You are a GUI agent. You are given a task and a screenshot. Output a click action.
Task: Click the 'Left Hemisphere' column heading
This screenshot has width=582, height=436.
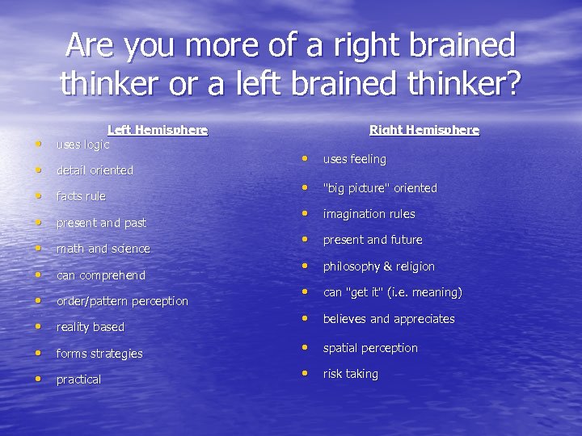[158, 130]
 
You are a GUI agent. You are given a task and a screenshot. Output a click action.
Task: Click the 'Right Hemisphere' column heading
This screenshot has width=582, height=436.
[424, 130]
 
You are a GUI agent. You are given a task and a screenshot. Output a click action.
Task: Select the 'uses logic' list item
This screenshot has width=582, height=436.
[82, 145]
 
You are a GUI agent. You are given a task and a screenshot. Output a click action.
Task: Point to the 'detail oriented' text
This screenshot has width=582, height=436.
[95, 170]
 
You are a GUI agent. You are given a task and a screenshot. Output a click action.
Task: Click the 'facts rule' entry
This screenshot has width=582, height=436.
[81, 196]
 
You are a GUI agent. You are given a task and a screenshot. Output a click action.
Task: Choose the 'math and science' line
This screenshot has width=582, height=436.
[103, 249]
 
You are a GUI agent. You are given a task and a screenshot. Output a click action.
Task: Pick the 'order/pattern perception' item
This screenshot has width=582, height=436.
[122, 301]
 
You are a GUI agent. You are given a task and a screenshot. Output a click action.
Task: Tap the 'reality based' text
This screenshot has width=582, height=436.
[91, 327]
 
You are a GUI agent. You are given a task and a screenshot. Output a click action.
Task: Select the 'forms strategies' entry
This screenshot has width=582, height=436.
[99, 354]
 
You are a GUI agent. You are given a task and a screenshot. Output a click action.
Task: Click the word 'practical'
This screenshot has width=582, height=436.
[78, 379]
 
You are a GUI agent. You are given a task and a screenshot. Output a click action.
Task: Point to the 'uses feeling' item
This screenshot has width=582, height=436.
[355, 160]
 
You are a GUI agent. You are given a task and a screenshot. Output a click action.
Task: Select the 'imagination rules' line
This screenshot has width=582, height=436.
[369, 214]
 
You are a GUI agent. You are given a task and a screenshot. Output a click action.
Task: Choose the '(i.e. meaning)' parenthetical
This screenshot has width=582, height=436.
[424, 292]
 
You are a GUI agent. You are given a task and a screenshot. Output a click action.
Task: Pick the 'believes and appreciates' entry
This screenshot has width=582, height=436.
[389, 319]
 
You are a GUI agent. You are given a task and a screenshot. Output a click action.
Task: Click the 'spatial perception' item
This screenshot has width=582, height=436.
[370, 348]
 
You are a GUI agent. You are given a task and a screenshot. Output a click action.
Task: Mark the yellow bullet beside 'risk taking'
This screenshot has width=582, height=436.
[306, 373]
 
